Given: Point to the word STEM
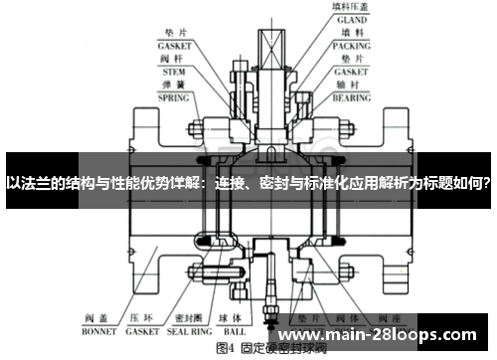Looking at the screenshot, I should [x=174, y=72].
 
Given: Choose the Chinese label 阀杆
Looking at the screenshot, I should [x=174, y=59].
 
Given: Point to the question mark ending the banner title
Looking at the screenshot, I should [x=489, y=183].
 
